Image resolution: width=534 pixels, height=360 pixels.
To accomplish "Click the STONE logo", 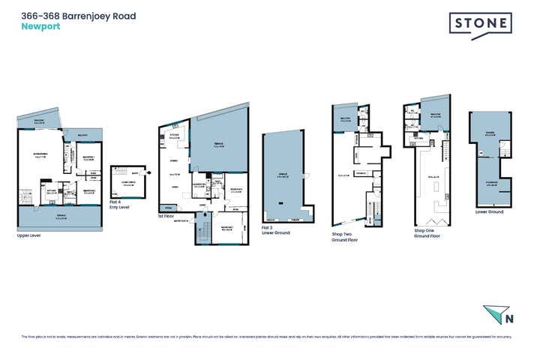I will pyautogui.click(x=480, y=25).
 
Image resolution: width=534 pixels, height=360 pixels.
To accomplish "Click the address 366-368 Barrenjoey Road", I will pyautogui.click(x=78, y=15).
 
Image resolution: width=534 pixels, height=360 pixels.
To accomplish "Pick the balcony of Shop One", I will pyautogui.click(x=435, y=114).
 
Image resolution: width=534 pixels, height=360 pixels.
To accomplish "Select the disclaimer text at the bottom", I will pyautogui.click(x=267, y=337).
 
